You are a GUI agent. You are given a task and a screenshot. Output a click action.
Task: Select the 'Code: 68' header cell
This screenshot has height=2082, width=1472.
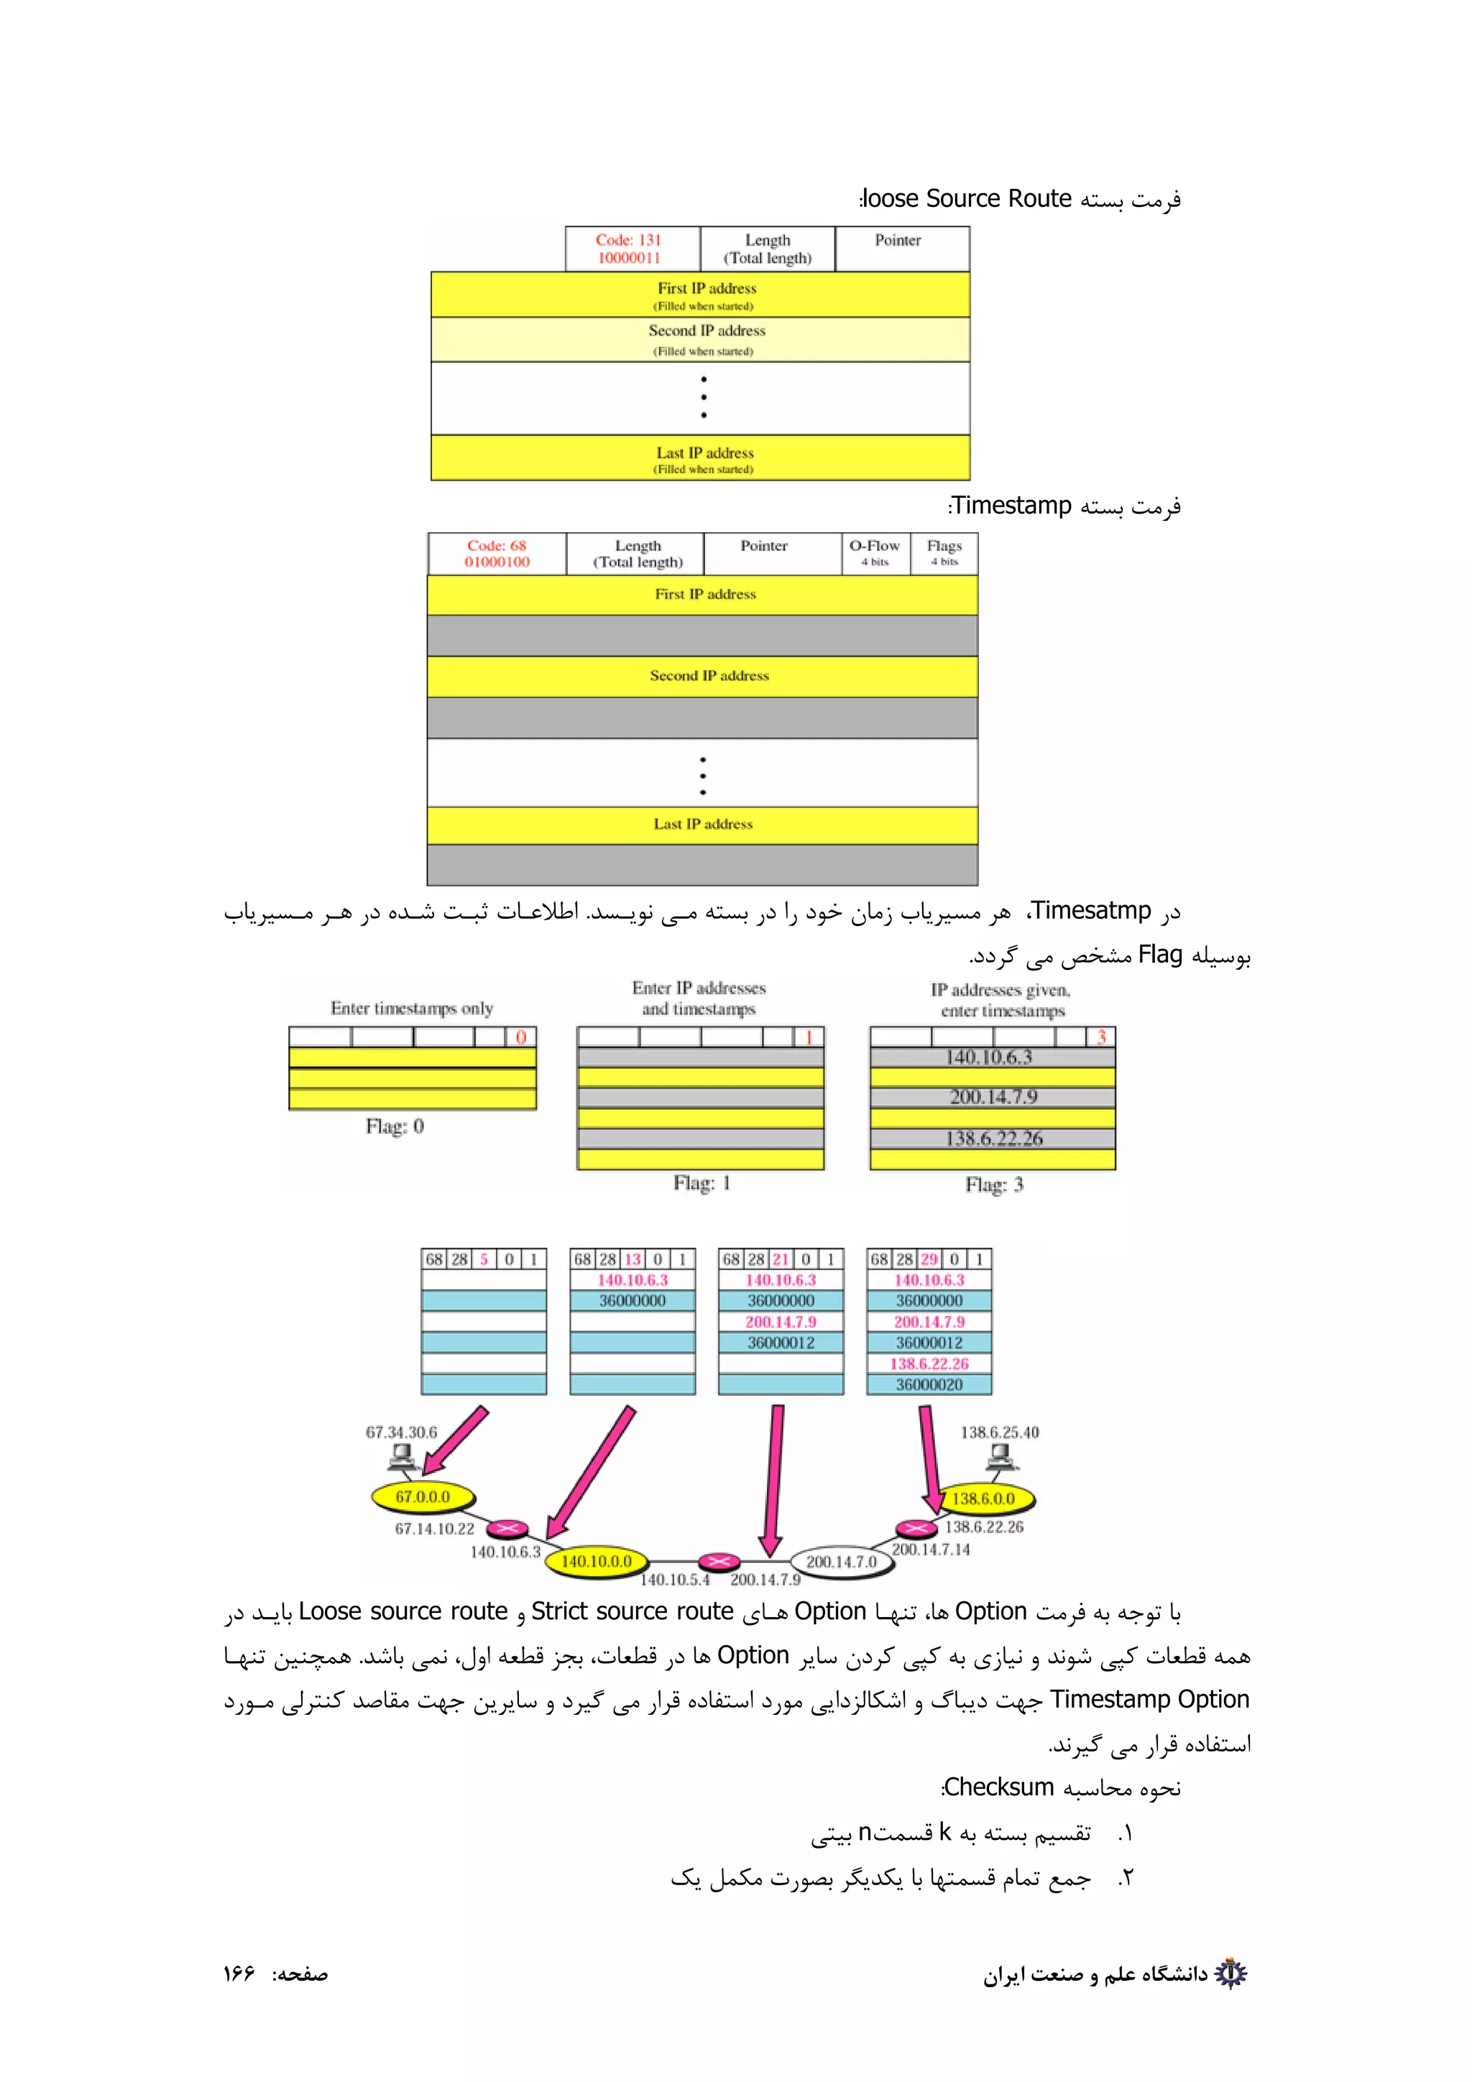tap(497, 553)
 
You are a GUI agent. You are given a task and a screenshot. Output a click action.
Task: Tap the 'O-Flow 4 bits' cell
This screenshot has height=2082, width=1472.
tap(874, 553)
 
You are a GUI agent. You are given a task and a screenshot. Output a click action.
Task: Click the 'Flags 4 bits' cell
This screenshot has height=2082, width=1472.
tap(944, 553)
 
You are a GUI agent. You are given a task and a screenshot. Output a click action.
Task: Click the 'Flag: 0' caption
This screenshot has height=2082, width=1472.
tap(395, 1126)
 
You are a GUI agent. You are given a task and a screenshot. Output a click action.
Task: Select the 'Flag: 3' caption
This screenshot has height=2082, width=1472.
tap(994, 1184)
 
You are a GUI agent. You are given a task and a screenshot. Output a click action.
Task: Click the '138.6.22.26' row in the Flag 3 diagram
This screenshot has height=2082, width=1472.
tap(993, 1138)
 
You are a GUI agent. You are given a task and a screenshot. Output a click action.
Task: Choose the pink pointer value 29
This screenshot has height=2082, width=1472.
tap(929, 1259)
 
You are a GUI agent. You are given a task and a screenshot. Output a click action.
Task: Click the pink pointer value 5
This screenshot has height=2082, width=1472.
tap(484, 1259)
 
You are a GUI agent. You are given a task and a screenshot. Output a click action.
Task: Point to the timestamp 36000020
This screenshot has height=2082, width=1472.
tap(929, 1384)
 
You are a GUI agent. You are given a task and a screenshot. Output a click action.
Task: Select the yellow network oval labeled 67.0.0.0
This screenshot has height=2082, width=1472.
tap(423, 1496)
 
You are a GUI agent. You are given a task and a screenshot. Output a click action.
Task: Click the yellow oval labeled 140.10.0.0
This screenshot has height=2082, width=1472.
tap(596, 1560)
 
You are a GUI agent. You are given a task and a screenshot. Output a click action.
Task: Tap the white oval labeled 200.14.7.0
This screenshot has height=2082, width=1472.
tap(841, 1560)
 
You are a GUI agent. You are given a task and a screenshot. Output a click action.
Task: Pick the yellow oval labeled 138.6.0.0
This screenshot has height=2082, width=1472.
tap(983, 1498)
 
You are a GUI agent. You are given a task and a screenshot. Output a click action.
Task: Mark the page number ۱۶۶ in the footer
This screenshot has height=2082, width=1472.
tap(239, 1974)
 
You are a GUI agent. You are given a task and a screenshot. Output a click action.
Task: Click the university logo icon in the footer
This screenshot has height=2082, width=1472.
tap(1230, 1974)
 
